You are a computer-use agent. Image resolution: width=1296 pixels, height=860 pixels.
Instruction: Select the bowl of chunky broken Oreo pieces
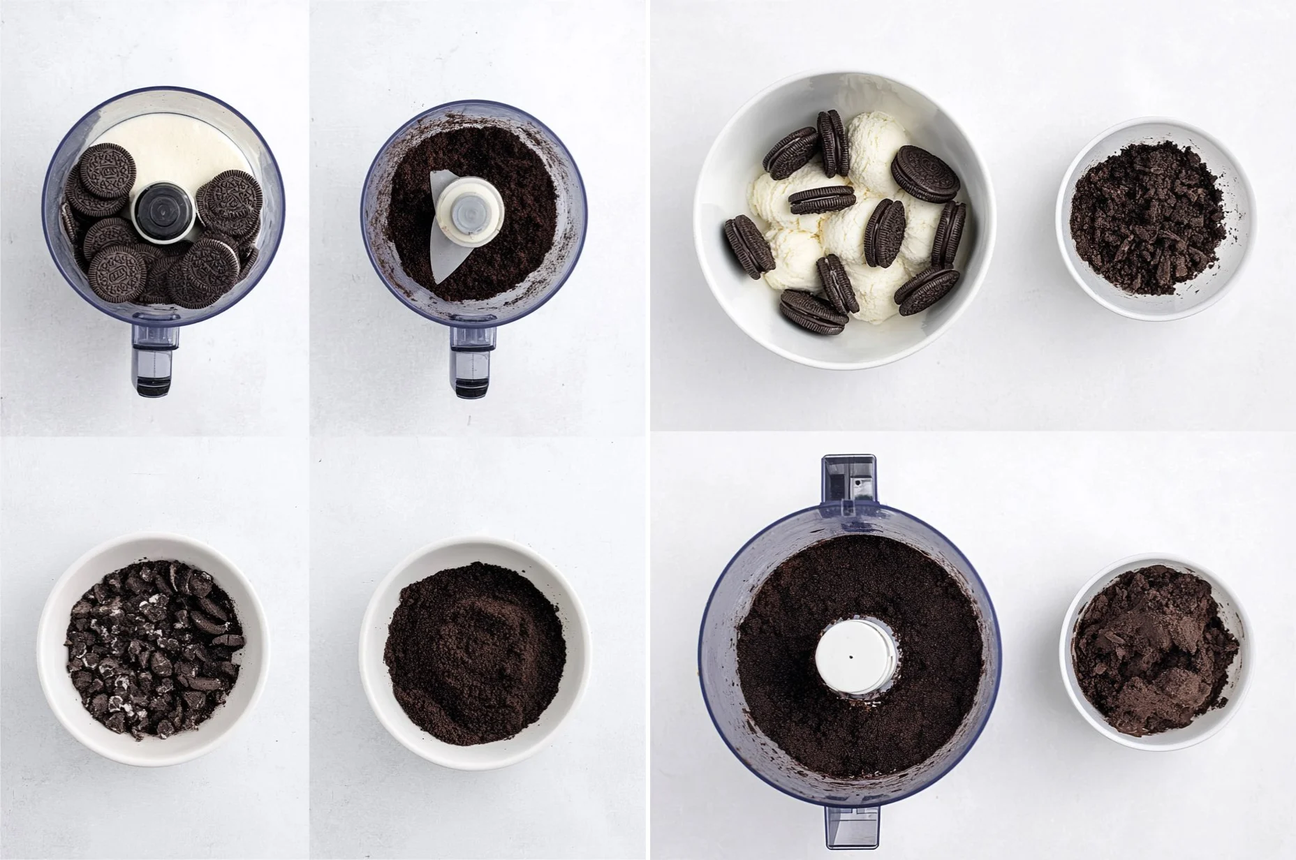click(153, 648)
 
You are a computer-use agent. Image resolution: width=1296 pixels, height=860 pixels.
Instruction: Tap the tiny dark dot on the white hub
click(850, 656)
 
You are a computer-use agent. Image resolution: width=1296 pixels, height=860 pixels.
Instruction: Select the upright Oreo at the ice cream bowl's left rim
click(749, 243)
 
